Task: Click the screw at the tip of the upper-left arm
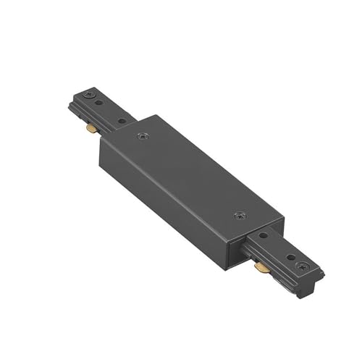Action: coord(88,94)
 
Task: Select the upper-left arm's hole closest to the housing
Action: coord(121,120)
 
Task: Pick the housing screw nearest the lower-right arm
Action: coord(240,215)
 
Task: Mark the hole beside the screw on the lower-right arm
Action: coord(291,257)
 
